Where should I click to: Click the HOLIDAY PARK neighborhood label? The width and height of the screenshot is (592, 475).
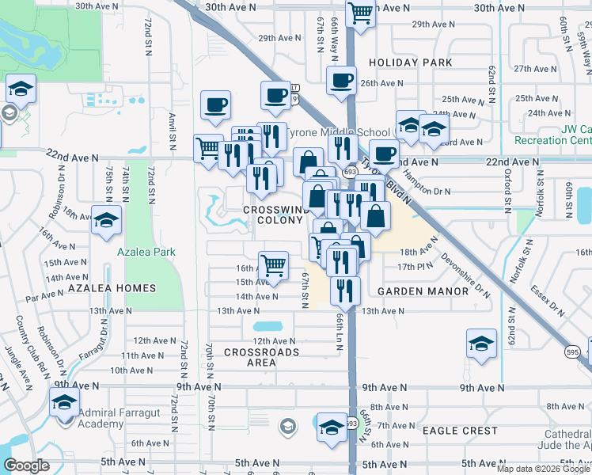click(x=410, y=63)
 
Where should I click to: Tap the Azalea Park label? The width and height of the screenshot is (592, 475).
click(x=146, y=253)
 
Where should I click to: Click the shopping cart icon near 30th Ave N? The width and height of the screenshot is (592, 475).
click(x=360, y=13)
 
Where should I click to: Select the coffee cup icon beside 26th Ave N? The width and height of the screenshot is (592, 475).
click(x=342, y=80)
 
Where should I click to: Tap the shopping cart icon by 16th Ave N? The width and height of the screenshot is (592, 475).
click(x=273, y=265)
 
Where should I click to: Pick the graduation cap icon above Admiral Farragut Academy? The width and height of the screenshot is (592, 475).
click(x=64, y=401)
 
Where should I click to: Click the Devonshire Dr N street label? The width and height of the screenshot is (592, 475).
click(x=464, y=273)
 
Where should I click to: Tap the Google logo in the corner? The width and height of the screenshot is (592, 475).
click(x=26, y=465)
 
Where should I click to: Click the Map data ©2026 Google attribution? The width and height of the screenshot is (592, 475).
click(x=542, y=469)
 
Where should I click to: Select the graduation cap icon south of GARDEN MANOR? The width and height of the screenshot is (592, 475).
click(x=480, y=345)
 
